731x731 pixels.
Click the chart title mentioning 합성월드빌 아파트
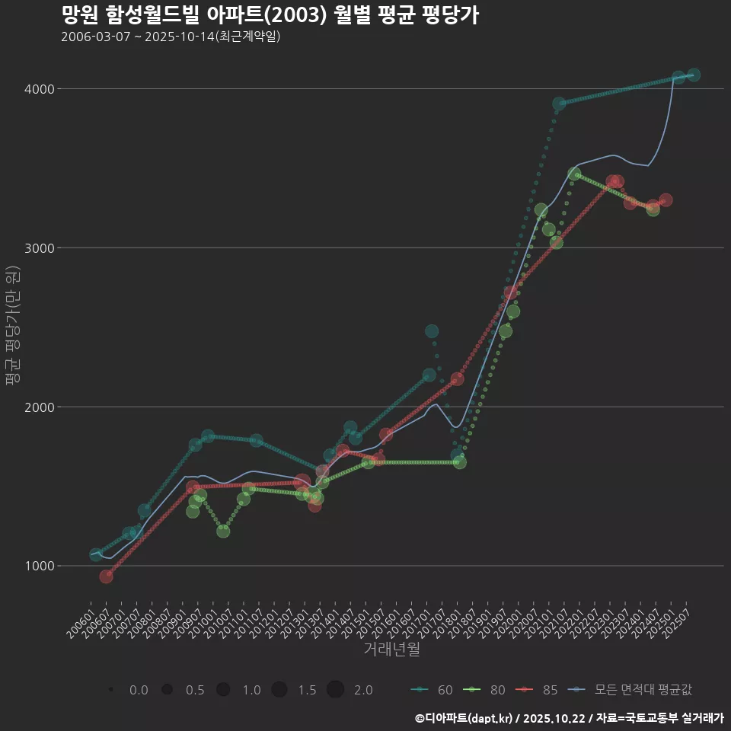tap(270, 15)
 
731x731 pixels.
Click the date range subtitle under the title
tap(171, 37)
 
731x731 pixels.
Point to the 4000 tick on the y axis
tap(40, 89)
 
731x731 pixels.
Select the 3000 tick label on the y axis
tap(40, 248)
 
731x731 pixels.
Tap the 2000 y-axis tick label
tap(40, 407)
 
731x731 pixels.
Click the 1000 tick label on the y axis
tap(40, 566)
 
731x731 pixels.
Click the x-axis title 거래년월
tap(391, 650)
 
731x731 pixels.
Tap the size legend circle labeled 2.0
tap(336, 690)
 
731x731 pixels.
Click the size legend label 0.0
tap(139, 690)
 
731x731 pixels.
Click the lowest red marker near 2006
tap(107, 576)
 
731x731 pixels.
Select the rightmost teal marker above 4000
tap(694, 75)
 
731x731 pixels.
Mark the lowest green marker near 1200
tap(223, 531)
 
